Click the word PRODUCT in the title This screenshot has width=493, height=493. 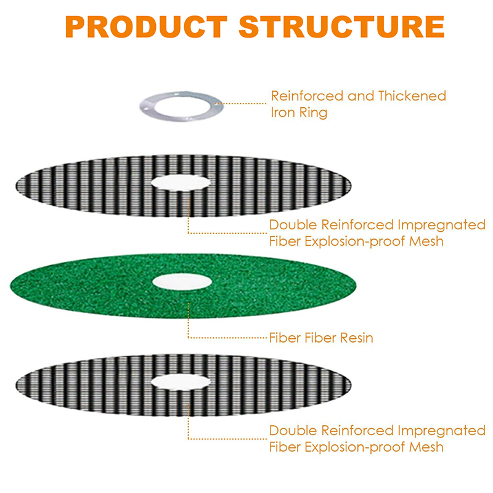[x=146, y=26]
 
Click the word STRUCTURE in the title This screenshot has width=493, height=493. [x=342, y=26]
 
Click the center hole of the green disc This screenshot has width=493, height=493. [x=182, y=282]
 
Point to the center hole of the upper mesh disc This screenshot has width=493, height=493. [x=181, y=182]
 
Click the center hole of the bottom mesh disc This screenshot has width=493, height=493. [x=181, y=382]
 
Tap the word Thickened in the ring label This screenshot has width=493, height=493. [x=412, y=96]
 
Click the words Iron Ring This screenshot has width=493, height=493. [x=299, y=113]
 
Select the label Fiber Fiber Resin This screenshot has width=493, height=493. [x=321, y=338]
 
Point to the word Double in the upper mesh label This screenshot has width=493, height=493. [x=293, y=225]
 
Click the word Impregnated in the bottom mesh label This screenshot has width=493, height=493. [x=441, y=430]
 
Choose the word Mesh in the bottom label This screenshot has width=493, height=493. [x=426, y=447]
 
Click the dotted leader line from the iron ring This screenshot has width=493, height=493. [x=240, y=103]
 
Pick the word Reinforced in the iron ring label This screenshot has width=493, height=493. [x=307, y=96]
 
